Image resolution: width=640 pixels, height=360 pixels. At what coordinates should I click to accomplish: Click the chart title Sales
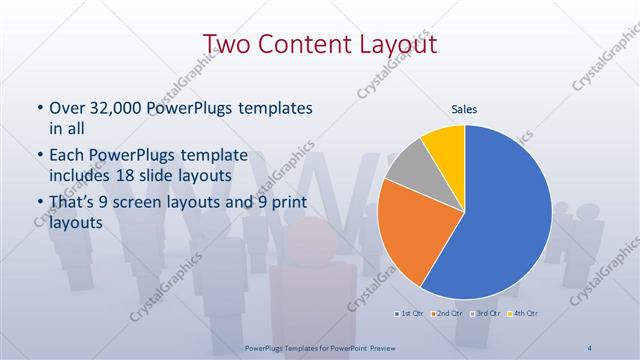464,109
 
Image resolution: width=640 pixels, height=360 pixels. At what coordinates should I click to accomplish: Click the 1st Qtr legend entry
408,313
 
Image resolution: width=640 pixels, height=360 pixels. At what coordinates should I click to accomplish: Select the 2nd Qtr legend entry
446,313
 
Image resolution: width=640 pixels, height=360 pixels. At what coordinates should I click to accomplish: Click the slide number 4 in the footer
590,346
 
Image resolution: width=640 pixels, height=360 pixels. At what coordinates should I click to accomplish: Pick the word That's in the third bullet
73,203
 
